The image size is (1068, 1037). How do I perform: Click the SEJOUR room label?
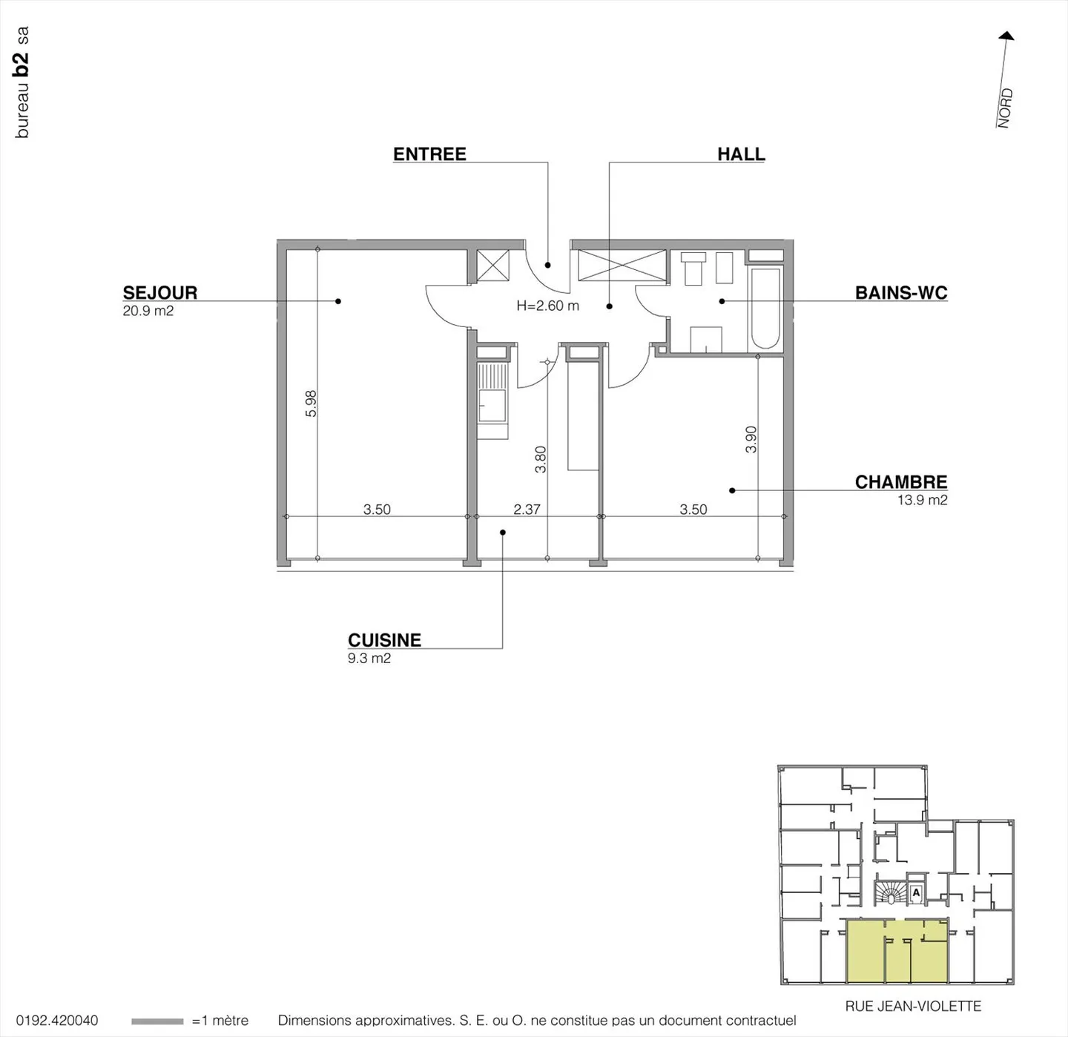click(160, 292)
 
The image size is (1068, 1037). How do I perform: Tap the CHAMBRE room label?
click(900, 482)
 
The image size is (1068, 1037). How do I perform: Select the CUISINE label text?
click(384, 640)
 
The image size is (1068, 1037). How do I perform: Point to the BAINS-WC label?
click(900, 292)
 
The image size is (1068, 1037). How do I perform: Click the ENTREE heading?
click(429, 154)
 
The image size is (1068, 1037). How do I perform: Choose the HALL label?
click(740, 154)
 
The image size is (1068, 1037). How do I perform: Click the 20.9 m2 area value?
click(148, 311)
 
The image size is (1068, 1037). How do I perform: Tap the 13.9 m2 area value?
click(922, 500)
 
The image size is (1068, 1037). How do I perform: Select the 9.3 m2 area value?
click(369, 658)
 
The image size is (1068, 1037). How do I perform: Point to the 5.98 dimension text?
click(311, 404)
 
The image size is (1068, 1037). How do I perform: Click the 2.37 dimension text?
click(527, 510)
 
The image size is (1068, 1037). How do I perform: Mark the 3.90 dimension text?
click(751, 439)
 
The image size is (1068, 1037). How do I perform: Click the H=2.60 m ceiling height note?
click(547, 306)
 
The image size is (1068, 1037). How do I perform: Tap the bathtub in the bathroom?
click(765, 308)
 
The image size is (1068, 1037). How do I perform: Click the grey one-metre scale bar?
click(156, 1021)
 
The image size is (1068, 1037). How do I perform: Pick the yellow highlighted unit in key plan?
click(897, 950)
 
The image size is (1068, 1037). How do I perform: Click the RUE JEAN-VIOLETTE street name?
click(912, 1006)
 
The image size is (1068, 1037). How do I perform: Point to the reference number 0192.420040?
click(57, 1021)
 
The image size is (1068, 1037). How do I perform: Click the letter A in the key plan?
click(916, 892)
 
